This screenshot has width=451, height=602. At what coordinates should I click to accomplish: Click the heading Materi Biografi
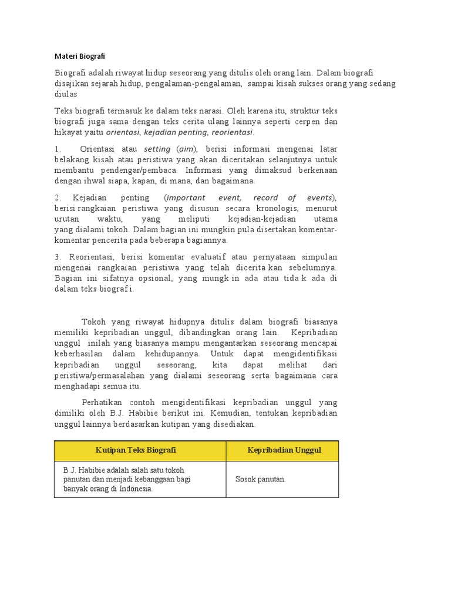(80, 56)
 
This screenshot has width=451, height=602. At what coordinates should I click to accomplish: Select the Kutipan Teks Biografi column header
(136, 450)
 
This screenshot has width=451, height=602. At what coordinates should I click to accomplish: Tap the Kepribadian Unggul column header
(284, 450)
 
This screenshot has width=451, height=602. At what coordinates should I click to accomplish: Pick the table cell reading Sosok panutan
(260, 479)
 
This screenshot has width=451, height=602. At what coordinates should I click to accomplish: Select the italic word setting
(157, 149)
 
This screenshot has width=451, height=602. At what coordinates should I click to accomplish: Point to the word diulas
(66, 94)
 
